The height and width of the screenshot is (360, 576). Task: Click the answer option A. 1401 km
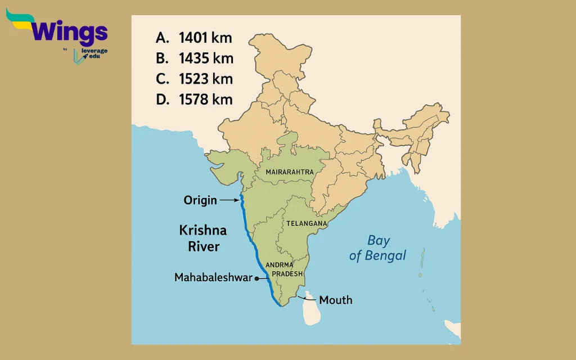193,38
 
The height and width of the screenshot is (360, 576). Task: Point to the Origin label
200,200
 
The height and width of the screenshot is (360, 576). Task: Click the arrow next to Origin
229,200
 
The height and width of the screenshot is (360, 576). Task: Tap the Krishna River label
203,238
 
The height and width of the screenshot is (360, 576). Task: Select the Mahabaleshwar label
213,277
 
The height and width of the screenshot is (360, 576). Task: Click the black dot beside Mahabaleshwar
257,278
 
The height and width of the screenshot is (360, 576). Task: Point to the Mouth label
336,300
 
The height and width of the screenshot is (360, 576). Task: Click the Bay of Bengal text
378,248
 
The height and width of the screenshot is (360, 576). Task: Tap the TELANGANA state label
307,223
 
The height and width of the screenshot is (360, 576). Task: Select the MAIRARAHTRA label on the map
290,171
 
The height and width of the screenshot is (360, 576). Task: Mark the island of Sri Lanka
310,310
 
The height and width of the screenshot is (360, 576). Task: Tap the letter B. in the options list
163,58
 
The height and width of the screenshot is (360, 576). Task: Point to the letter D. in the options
163,100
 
